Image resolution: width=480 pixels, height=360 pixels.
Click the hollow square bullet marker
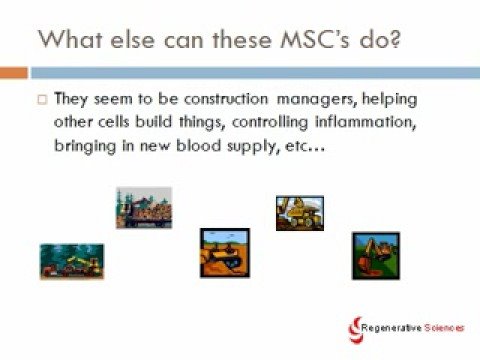(x=41, y=100)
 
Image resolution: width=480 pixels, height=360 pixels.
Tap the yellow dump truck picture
(x=300, y=212)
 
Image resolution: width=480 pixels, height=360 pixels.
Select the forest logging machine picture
(x=72, y=260)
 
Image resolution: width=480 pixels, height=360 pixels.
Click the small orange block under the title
(x=14, y=73)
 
